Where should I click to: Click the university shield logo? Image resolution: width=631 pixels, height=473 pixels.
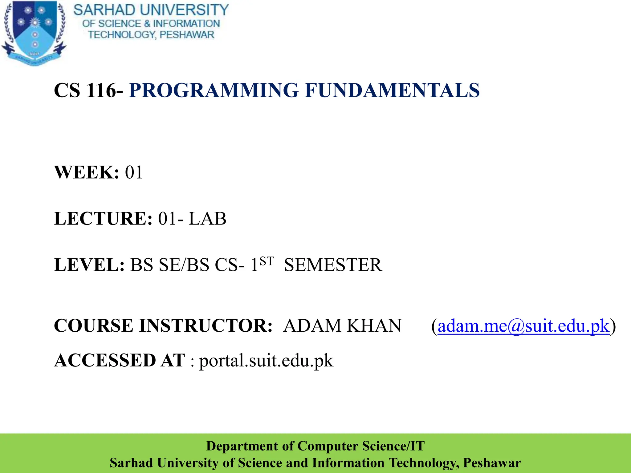tap(34, 32)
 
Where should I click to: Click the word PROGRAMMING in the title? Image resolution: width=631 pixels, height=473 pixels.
tap(214, 91)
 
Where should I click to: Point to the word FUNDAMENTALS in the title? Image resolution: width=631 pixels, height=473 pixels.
tap(392, 91)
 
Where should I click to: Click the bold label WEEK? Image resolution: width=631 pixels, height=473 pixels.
tap(86, 172)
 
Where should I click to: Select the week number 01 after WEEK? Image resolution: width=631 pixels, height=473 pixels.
tap(134, 172)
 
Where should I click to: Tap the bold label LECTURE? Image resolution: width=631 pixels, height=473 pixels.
tap(103, 219)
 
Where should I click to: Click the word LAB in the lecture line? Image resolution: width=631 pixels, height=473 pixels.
tap(207, 219)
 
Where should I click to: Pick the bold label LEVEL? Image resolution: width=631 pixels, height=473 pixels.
tap(89, 265)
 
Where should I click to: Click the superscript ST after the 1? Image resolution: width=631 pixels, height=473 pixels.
tap(267, 261)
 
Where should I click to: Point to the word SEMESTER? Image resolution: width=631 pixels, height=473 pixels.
tap(333, 265)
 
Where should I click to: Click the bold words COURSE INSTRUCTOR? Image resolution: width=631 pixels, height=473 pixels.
tap(163, 326)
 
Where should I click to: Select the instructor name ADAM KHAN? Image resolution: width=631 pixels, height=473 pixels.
tap(342, 326)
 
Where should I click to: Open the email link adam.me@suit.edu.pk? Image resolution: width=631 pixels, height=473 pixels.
tap(523, 326)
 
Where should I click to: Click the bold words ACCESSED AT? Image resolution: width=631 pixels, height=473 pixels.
tap(120, 360)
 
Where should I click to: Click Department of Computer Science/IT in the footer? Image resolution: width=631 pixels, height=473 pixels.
tap(315, 446)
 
